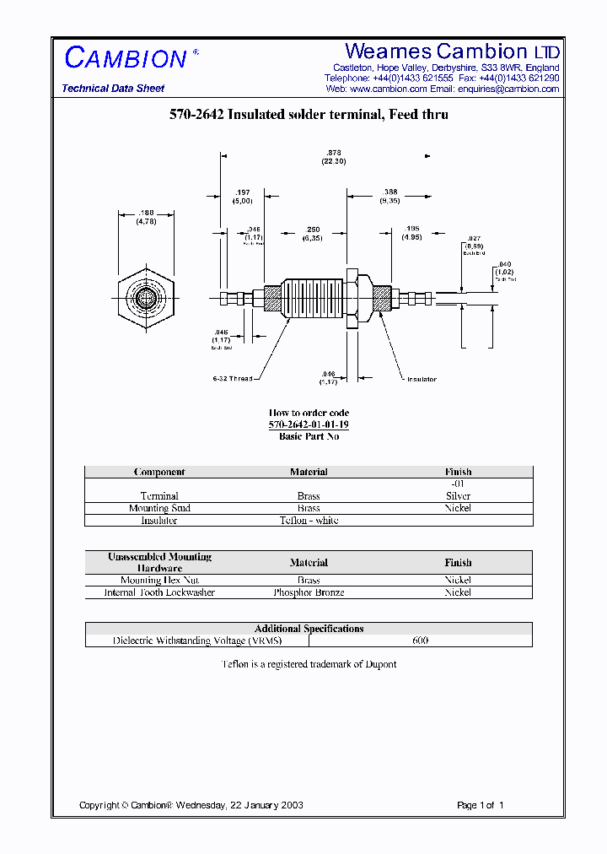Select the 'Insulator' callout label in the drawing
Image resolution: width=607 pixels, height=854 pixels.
tap(422, 380)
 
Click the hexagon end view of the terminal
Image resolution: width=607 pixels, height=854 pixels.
tap(146, 298)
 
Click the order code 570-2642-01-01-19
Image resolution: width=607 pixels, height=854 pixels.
tap(309, 425)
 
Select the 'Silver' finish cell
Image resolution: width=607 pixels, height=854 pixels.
tap(458, 496)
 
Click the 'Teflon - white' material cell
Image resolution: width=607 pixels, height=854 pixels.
tap(309, 521)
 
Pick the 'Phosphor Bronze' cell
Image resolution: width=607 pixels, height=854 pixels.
tap(309, 592)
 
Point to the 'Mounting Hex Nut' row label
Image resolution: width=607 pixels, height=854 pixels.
tap(159, 581)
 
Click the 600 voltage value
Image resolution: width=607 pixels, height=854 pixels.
tap(420, 640)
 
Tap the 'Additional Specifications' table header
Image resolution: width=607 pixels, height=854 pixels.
tap(309, 629)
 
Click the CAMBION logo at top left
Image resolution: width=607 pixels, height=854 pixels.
tap(126, 59)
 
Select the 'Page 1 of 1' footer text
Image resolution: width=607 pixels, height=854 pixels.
tap(480, 805)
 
